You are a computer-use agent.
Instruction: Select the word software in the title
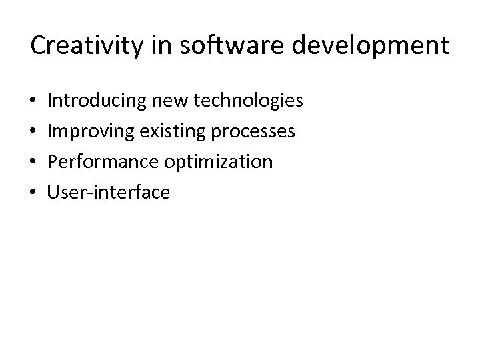[x=213, y=46]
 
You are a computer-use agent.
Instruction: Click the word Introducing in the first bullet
[x=96, y=101]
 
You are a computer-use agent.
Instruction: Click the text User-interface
[x=109, y=193]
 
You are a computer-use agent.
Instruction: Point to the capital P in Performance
[x=54, y=162]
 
